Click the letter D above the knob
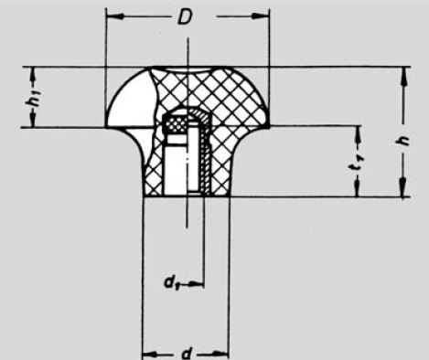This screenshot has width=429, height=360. (x=187, y=18)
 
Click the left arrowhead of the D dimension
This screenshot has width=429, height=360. (x=112, y=16)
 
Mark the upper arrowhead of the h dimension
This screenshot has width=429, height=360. (x=401, y=73)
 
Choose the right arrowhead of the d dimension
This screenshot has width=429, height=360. (x=223, y=351)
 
